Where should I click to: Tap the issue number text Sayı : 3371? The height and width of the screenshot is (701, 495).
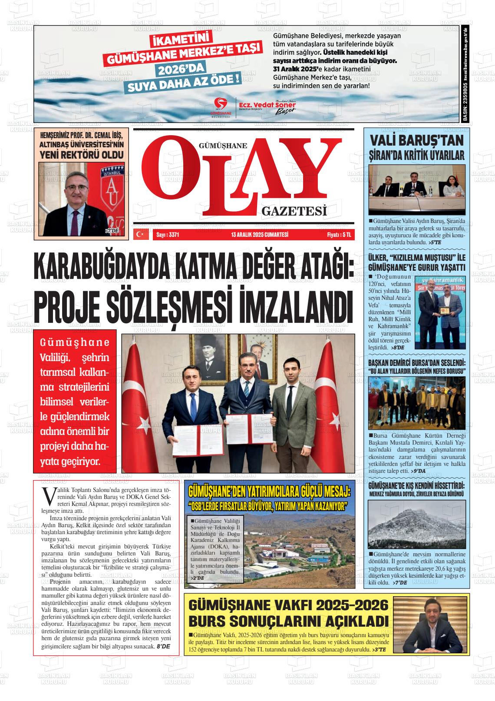(168, 235)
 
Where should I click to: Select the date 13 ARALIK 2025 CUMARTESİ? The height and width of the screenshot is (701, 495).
(260, 235)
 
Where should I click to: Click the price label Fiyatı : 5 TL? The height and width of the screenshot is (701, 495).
(339, 235)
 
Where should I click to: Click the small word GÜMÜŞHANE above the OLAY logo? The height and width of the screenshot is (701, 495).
(222, 146)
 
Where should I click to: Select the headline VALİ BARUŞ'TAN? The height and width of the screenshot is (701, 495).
(416, 140)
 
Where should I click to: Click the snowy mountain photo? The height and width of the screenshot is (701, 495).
(416, 525)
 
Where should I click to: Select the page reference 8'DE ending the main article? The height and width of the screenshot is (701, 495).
(164, 647)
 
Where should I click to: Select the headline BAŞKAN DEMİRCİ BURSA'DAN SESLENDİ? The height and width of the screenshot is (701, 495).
(416, 362)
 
